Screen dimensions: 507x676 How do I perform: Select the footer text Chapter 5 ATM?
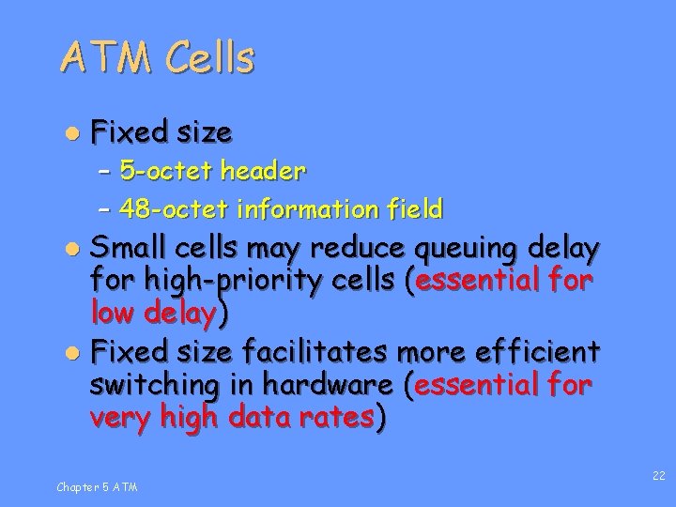click(x=96, y=486)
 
